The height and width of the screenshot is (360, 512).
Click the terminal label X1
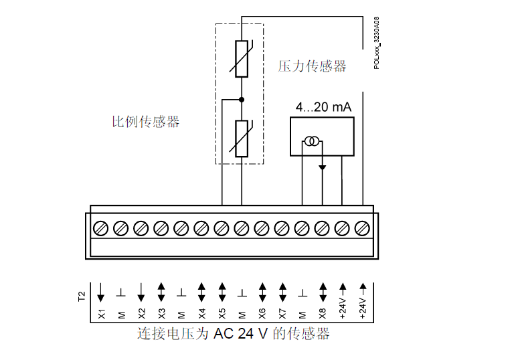pyautogui.click(x=101, y=312)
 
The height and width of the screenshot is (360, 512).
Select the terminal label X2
pyautogui.click(x=141, y=312)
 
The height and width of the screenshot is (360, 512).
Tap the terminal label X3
pyautogui.click(x=161, y=312)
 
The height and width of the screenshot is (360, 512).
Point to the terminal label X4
pyautogui.click(x=201, y=312)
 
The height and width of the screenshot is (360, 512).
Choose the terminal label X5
pyautogui.click(x=222, y=312)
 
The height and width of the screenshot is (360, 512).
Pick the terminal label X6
pyautogui.click(x=262, y=312)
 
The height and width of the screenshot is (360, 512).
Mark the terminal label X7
pyautogui.click(x=282, y=312)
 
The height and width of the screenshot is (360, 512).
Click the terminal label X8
pyautogui.click(x=322, y=312)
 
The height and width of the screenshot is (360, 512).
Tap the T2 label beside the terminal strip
pyautogui.click(x=82, y=294)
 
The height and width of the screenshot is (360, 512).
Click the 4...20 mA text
pyautogui.click(x=323, y=107)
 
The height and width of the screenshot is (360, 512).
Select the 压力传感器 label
pyautogui.click(x=313, y=66)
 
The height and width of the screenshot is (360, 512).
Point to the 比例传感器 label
pyautogui.click(x=145, y=122)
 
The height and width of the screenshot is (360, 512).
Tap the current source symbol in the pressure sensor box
pyautogui.click(x=312, y=141)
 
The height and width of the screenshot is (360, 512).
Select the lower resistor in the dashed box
pyautogui.click(x=242, y=139)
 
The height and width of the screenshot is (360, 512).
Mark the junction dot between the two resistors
pyautogui.click(x=242, y=100)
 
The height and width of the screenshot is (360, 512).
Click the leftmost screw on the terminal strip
pyautogui.click(x=101, y=228)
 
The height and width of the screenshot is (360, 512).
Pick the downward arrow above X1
pyautogui.click(x=101, y=291)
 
